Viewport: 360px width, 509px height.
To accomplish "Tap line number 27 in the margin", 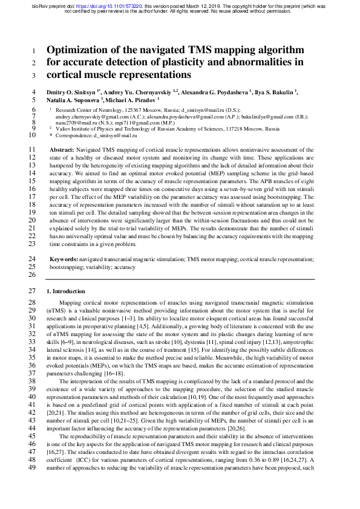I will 33,291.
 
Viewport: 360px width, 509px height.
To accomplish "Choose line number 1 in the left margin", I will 34,51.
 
